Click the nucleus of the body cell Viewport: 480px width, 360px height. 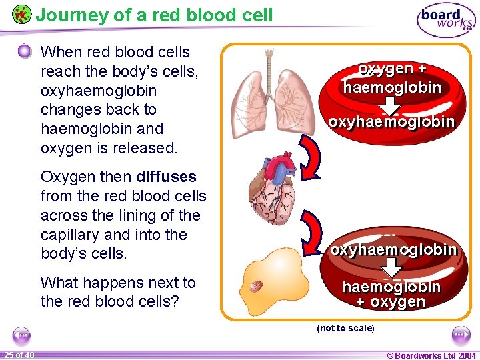point(255,286)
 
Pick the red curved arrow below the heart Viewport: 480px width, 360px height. point(312,230)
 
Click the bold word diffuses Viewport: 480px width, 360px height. point(166,177)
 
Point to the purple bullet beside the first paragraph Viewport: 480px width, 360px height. point(25,52)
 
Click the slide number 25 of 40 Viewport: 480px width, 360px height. point(19,355)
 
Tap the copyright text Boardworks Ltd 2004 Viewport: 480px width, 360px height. point(431,355)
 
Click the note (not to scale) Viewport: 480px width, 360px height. point(345,328)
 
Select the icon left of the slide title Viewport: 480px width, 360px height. point(21,14)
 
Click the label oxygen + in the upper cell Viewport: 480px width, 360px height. point(392,69)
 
